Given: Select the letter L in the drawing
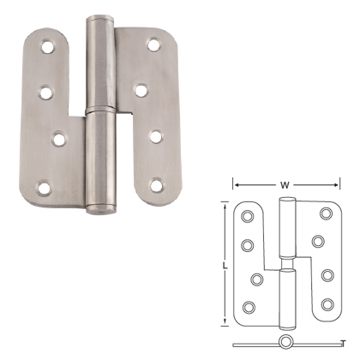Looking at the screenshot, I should [225, 266].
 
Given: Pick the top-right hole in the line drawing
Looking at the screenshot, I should [325, 214].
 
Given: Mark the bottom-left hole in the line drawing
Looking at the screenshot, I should [249, 306].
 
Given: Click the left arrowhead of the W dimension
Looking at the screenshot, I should [235, 182].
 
